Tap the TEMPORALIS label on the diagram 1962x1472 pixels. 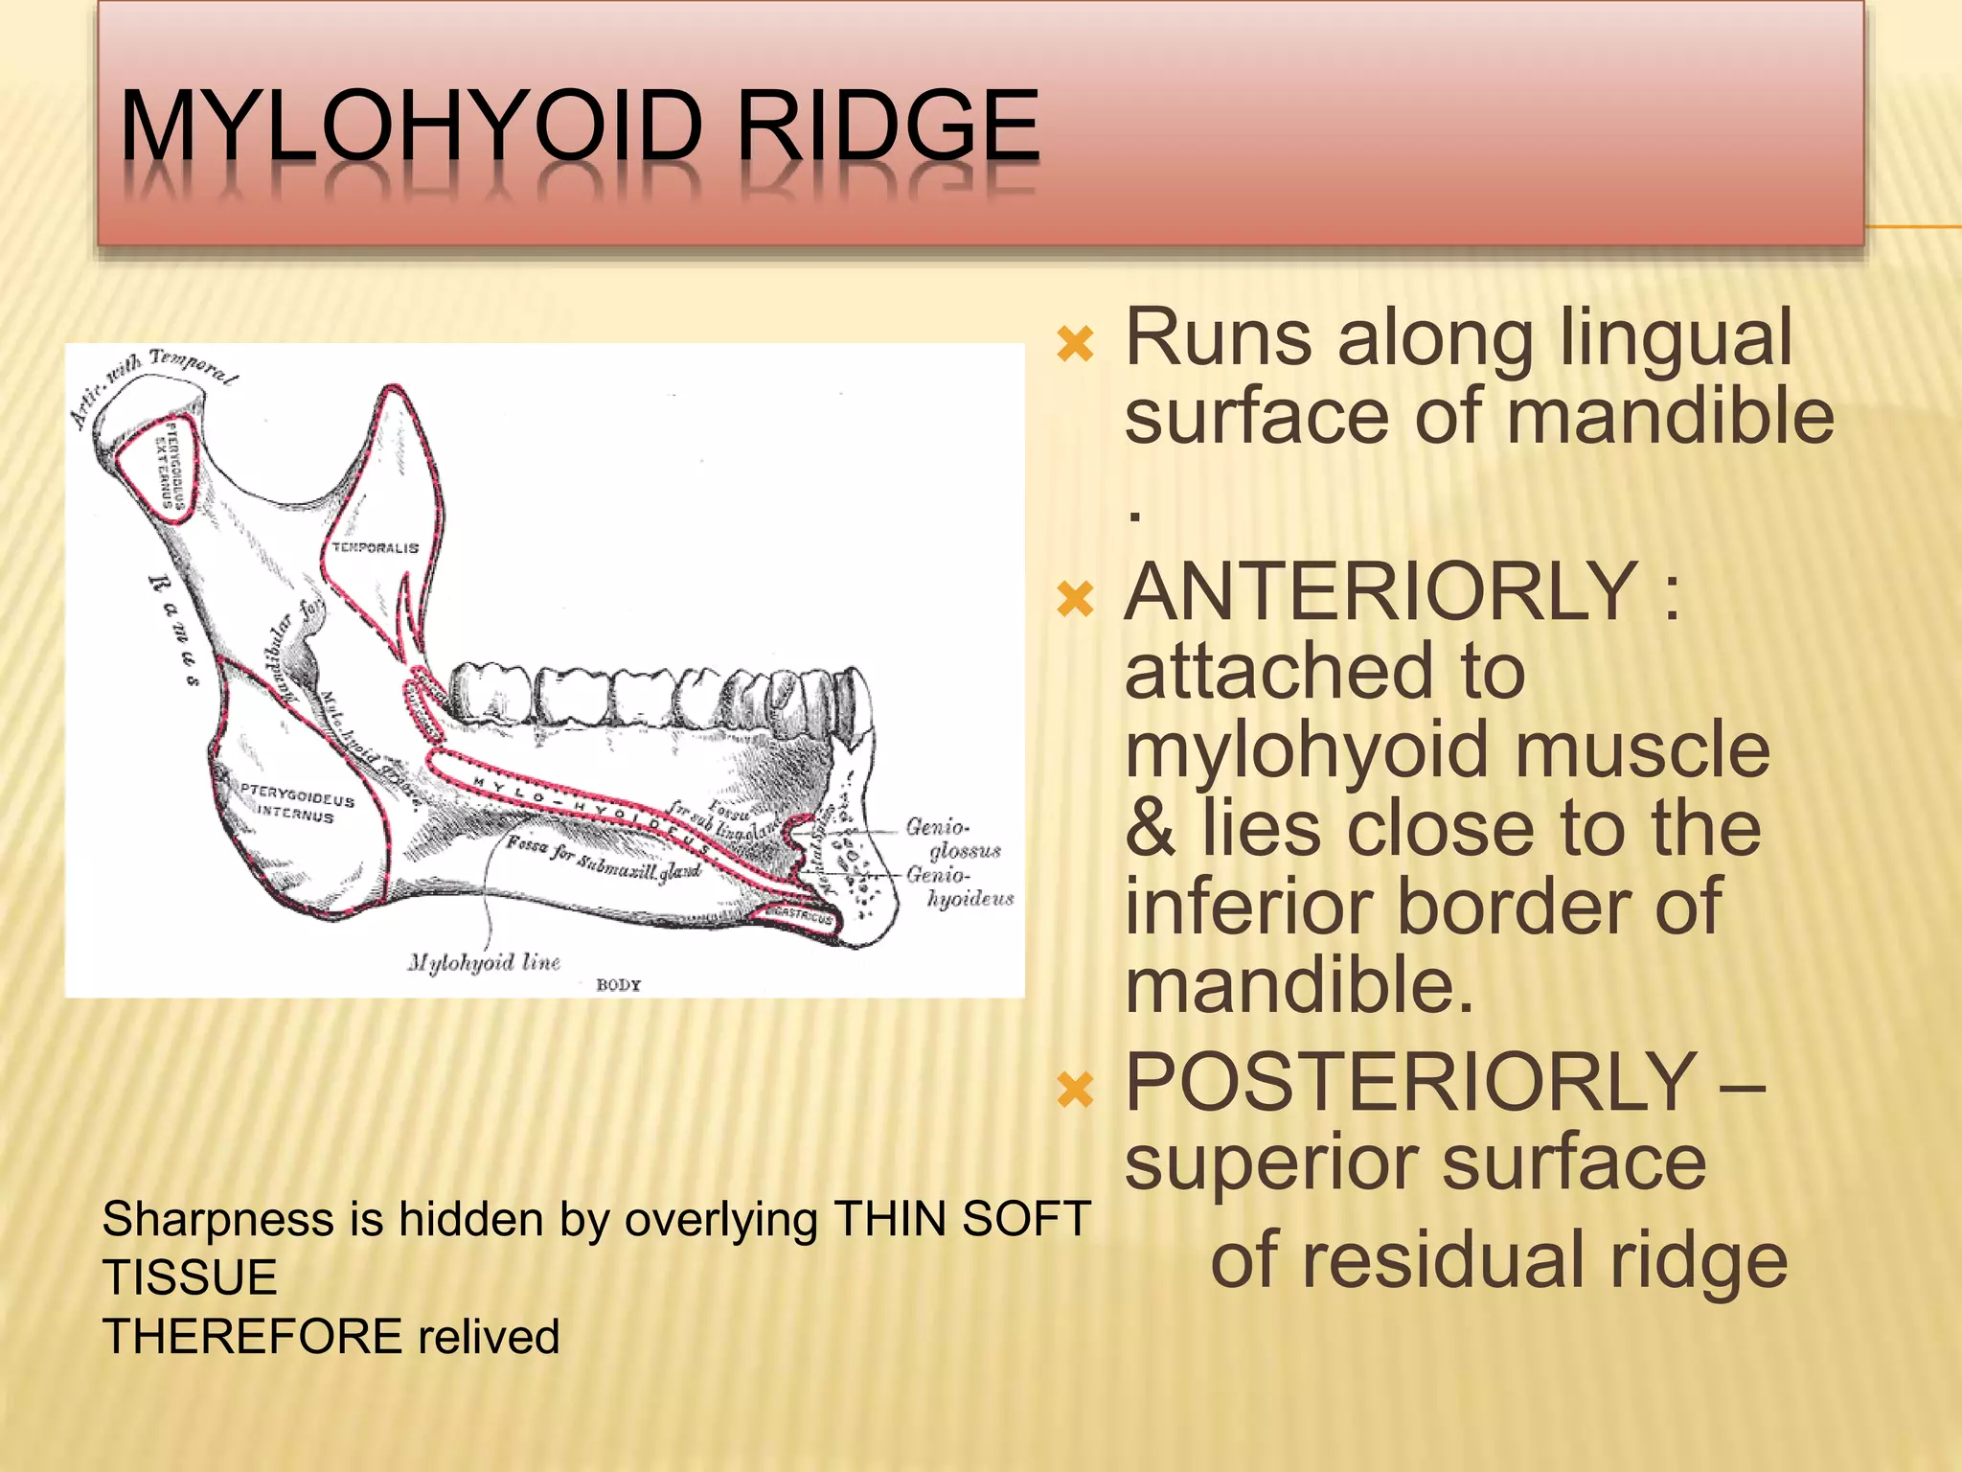tap(376, 548)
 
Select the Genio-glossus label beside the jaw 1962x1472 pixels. tap(952, 839)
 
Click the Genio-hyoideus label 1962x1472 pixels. tap(959, 886)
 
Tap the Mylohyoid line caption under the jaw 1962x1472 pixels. tap(484, 962)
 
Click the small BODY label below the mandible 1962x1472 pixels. tap(618, 985)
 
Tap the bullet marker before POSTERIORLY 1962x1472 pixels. tap(1075, 1089)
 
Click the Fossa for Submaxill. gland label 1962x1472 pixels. tap(604, 859)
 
